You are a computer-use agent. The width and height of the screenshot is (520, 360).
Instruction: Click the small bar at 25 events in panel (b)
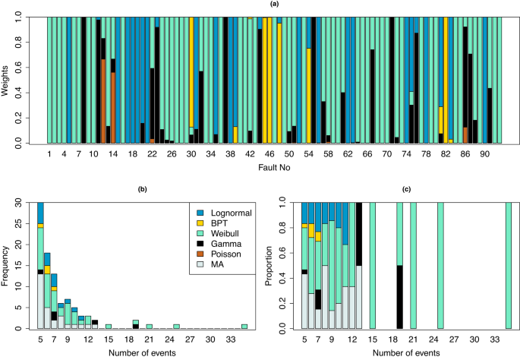(176, 326)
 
